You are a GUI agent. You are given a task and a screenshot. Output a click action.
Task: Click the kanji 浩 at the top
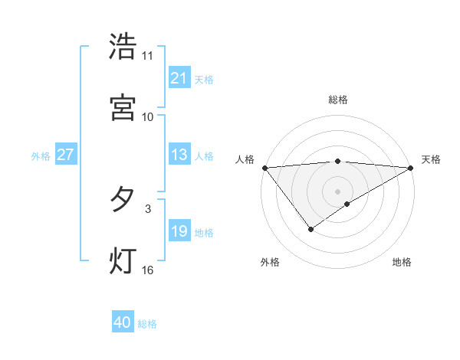pos(123,47)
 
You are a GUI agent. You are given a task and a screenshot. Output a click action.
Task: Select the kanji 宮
pos(123,107)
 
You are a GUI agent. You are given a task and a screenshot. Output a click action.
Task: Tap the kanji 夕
pos(123,200)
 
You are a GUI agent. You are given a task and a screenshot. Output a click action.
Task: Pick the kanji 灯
pos(123,260)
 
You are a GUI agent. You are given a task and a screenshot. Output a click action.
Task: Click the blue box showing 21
pos(179,78)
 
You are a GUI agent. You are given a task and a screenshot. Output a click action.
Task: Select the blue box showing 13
pos(179,155)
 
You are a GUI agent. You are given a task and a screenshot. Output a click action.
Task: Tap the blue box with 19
pos(179,232)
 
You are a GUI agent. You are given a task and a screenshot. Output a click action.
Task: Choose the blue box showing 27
pos(65,155)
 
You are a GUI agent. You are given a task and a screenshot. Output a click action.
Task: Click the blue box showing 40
pos(122,323)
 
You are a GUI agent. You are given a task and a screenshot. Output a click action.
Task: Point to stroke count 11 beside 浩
pos(148,56)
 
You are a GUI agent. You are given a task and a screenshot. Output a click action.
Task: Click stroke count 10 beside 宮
pos(148,116)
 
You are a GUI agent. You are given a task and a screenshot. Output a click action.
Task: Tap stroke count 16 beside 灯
pos(148,270)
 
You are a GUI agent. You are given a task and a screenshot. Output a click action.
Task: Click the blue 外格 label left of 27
pos(41,156)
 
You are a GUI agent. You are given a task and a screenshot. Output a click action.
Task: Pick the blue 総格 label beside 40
pos(147,324)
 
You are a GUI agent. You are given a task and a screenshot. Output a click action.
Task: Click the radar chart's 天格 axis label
pos(432,159)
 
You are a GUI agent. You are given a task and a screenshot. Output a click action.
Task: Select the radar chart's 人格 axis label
pos(245,159)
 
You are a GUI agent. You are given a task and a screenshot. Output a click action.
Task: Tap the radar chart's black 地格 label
pos(402,262)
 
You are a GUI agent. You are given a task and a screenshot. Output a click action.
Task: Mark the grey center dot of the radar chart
pos(338,191)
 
